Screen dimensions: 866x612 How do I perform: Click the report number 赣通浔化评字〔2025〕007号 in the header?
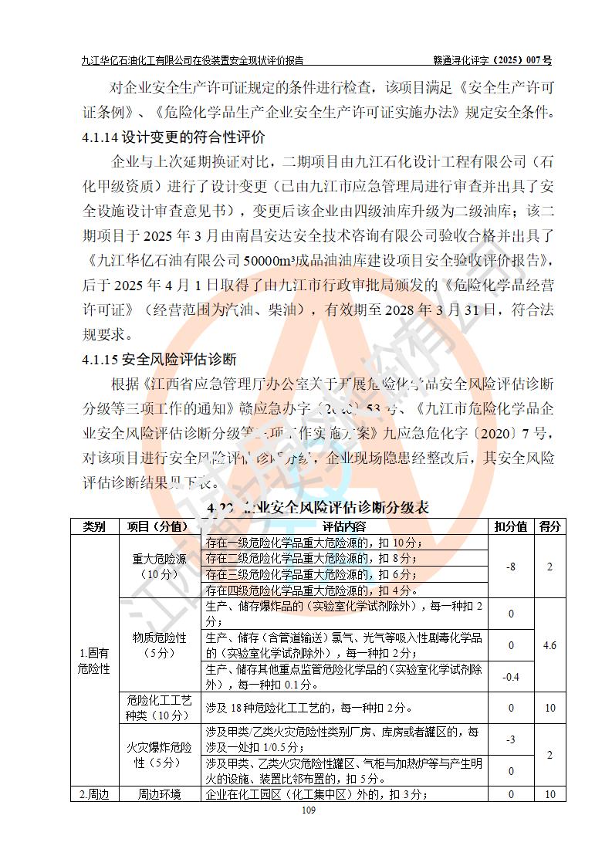click(x=492, y=59)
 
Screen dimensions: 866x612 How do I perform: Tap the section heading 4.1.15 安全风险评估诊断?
click(x=159, y=360)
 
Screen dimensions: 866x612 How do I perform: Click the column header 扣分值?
click(x=511, y=526)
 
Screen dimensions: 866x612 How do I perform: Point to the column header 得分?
click(x=549, y=526)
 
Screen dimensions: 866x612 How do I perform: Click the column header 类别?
click(x=94, y=526)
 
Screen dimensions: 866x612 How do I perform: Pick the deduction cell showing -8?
click(x=511, y=567)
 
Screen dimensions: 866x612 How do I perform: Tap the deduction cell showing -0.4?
click(x=511, y=677)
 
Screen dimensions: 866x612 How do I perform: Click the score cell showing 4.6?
click(x=549, y=645)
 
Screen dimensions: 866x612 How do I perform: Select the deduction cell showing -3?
click(x=511, y=739)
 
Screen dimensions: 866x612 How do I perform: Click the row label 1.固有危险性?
click(x=94, y=661)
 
